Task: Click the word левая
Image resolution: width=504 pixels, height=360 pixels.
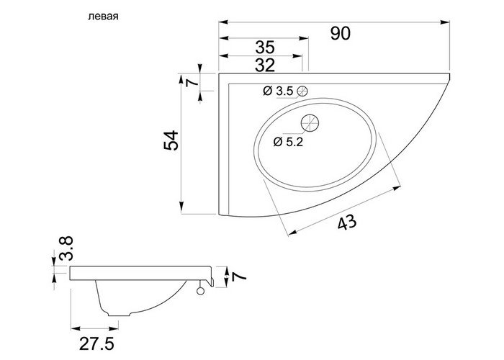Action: [103, 17]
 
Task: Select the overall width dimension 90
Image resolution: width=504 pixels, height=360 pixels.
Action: [340, 33]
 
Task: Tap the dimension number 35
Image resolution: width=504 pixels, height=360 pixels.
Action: [265, 48]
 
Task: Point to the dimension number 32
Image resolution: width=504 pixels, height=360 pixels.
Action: [265, 66]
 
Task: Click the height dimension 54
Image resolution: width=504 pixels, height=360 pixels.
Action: [171, 140]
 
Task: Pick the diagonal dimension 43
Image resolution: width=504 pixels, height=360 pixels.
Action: [347, 222]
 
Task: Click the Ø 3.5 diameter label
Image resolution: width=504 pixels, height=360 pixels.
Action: [278, 91]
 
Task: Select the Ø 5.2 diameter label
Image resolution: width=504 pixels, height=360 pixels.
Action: [288, 142]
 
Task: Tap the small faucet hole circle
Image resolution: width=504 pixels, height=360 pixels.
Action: [302, 91]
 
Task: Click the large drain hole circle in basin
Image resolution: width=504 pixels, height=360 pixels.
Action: [310, 123]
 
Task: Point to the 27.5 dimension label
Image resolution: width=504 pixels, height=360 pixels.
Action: [96, 344]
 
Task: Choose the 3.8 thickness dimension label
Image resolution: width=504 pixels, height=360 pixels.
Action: [66, 248]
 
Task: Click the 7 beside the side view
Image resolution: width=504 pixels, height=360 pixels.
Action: [238, 276]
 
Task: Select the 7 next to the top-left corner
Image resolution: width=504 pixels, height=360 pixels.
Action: [192, 82]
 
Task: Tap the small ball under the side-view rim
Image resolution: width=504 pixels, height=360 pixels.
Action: [201, 291]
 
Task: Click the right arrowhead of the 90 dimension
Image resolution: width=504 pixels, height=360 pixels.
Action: [445, 22]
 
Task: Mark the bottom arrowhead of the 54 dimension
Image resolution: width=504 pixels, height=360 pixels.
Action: [181, 207]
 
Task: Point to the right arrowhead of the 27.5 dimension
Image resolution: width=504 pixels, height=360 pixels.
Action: [114, 328]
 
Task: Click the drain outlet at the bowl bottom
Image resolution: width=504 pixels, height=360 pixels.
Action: [120, 314]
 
